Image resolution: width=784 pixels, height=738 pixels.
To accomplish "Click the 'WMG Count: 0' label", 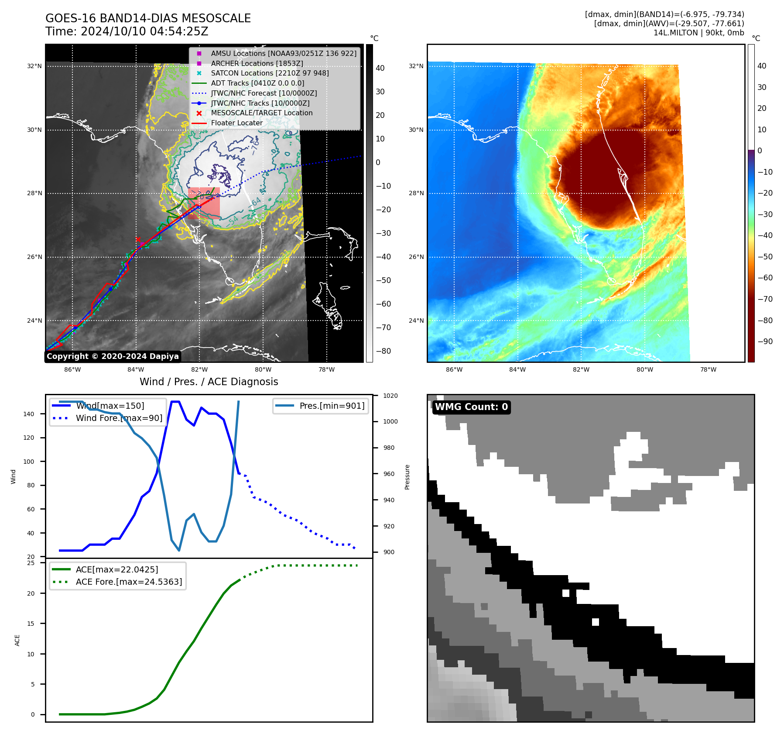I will pos(471,407).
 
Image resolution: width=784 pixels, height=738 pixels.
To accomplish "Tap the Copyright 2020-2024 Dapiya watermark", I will pos(113,356).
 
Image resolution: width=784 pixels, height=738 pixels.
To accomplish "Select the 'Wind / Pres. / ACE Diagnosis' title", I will pos(209,382).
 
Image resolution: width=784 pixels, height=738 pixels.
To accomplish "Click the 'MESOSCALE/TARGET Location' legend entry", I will pos(261,113).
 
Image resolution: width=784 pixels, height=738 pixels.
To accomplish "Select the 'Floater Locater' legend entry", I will pos(236,123).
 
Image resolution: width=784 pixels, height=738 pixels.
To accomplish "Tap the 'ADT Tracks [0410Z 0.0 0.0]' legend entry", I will pos(257,83).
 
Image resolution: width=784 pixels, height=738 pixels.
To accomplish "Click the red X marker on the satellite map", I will pos(138,239).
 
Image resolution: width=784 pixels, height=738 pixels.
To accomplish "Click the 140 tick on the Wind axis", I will pos(29,414).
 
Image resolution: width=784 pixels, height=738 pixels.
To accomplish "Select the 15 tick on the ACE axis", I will pos(31,624).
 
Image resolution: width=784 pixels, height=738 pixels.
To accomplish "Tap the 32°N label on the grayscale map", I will pos(34,66).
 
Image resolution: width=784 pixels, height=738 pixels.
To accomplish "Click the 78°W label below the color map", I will pos(708,369).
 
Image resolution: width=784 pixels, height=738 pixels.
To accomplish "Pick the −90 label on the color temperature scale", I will pos(765,341).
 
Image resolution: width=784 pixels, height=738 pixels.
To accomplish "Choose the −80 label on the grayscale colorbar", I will pos(383,351).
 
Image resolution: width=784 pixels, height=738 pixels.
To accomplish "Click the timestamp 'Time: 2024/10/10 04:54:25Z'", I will pos(127,31).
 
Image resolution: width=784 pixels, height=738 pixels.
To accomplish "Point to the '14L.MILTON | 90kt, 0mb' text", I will pos(698,33).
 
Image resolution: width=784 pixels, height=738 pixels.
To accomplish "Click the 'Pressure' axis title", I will pos(407,477).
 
